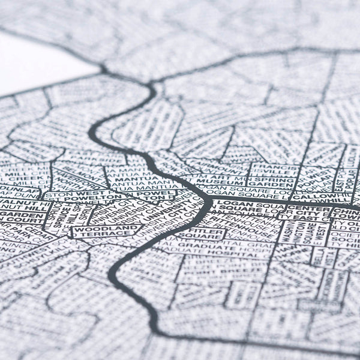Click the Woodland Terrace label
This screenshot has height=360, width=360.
[106, 230]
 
